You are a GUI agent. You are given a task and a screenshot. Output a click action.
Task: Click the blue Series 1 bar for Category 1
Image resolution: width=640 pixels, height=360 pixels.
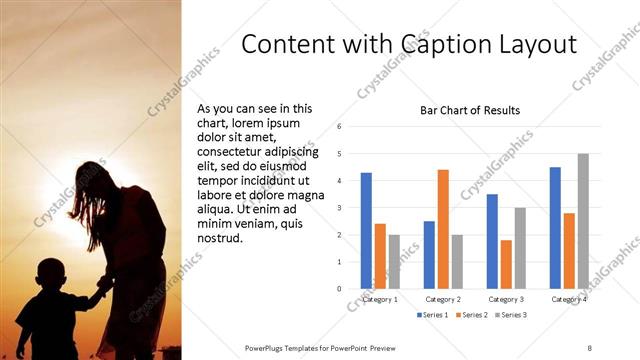click(366, 231)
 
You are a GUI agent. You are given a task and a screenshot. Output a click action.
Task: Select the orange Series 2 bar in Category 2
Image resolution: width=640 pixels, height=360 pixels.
click(443, 229)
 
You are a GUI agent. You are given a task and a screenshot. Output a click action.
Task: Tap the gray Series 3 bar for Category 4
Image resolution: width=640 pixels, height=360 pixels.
click(583, 221)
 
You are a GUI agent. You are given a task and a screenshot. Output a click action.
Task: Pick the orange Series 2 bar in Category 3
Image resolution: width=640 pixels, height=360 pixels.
click(506, 264)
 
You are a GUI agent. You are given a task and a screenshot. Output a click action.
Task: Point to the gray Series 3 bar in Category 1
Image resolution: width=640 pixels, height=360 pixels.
click(394, 262)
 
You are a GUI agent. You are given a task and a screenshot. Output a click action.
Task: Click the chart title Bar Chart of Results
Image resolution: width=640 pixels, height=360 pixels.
click(468, 110)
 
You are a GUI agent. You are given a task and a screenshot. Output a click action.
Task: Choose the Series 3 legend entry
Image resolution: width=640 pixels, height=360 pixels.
click(512, 315)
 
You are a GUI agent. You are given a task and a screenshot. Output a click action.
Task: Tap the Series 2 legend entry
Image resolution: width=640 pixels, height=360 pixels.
click(472, 315)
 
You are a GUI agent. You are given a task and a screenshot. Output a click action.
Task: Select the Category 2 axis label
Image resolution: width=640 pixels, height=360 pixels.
click(443, 299)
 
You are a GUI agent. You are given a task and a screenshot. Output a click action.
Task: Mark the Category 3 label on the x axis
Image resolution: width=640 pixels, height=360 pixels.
click(506, 299)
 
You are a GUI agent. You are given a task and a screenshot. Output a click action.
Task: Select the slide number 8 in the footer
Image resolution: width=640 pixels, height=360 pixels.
click(590, 347)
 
